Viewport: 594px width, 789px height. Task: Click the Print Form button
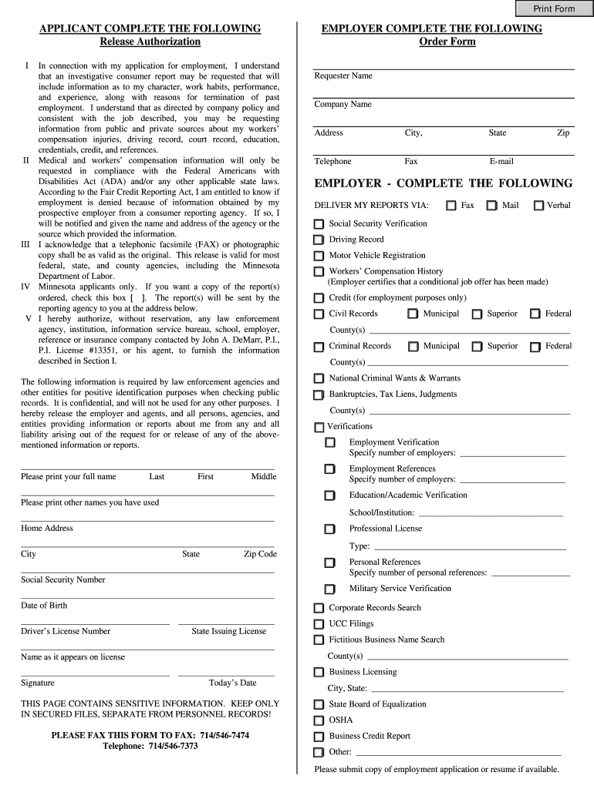pos(554,8)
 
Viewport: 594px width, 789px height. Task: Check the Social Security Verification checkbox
pos(319,224)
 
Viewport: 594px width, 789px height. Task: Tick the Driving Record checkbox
pos(319,240)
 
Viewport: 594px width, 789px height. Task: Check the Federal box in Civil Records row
pos(535,314)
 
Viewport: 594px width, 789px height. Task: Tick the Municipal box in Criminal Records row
pos(413,347)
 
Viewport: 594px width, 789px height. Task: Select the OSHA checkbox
pos(319,720)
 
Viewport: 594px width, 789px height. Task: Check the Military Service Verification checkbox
pos(330,589)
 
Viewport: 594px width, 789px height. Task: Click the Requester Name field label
pos(343,76)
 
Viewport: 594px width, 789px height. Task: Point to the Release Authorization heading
pos(150,42)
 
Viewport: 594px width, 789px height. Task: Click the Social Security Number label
pos(63,579)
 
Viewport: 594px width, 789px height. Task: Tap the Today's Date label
pos(232,683)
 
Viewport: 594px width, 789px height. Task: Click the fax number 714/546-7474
pos(224,735)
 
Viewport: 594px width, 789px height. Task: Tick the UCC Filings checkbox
pos(319,624)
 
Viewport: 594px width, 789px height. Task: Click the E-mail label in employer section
pos(501,161)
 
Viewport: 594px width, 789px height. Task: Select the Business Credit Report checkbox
pos(319,737)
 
